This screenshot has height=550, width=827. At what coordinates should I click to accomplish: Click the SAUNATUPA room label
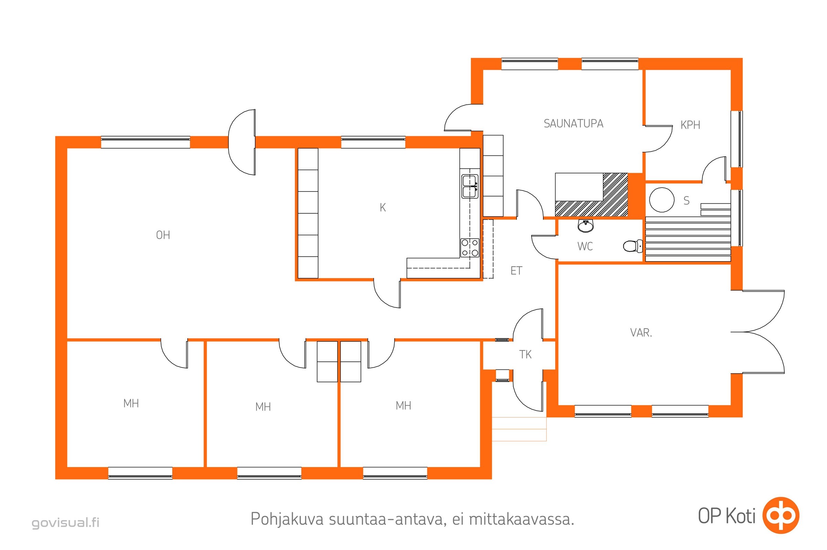[573, 123]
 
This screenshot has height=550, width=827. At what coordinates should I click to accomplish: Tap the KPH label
[690, 125]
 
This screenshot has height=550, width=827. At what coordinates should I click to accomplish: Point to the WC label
[585, 246]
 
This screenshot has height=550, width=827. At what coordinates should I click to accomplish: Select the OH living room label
[163, 235]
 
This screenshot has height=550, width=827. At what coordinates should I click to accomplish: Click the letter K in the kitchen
[383, 208]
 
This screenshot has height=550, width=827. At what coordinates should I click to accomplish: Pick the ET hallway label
[516, 271]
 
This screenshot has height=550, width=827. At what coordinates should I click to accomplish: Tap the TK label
[525, 355]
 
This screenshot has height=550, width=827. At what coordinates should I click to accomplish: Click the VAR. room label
[641, 332]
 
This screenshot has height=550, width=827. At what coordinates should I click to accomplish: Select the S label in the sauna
[686, 201]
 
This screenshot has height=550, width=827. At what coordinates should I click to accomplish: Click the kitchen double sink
[470, 186]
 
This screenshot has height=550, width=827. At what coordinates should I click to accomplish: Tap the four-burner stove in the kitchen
[470, 247]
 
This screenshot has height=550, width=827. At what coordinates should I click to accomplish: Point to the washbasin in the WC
[585, 226]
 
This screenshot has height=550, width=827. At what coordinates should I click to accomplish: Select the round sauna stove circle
[662, 200]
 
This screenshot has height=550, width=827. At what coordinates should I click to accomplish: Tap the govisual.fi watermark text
[66, 523]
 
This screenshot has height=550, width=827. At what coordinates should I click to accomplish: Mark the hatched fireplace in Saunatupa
[591, 195]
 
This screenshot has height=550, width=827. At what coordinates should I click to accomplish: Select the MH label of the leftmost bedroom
[131, 403]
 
